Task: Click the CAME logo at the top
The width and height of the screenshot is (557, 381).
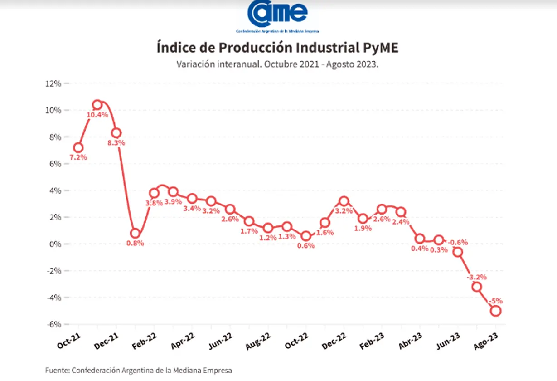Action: (x=277, y=16)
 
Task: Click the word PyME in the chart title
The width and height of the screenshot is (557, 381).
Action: (x=380, y=48)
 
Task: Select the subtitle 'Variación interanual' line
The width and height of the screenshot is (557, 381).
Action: (x=277, y=64)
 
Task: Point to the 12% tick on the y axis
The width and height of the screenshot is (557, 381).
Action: (x=53, y=83)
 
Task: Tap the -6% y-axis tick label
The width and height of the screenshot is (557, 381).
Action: (x=54, y=324)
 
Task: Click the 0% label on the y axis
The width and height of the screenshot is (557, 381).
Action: (x=55, y=244)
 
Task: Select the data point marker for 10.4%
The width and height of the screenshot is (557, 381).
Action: (x=97, y=105)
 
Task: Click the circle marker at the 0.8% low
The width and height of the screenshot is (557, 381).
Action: (x=135, y=234)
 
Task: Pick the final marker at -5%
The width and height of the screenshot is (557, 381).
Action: (x=495, y=311)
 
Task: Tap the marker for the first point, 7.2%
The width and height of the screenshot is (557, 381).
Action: (x=78, y=148)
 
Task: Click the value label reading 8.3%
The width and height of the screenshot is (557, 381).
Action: (x=116, y=143)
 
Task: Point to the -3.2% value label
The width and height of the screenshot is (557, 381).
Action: (x=477, y=277)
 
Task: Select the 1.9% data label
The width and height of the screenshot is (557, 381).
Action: (x=363, y=228)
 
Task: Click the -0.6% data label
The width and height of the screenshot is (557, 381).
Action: (x=458, y=242)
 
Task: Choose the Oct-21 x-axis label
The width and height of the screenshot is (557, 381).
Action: (x=69, y=341)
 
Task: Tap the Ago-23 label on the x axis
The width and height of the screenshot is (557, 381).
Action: (x=486, y=341)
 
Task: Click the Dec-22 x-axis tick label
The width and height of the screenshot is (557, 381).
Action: (x=334, y=341)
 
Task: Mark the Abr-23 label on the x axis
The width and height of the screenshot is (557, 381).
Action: (x=410, y=341)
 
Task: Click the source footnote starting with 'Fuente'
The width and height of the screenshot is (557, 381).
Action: (x=139, y=370)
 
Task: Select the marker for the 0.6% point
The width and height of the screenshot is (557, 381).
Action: (x=306, y=236)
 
